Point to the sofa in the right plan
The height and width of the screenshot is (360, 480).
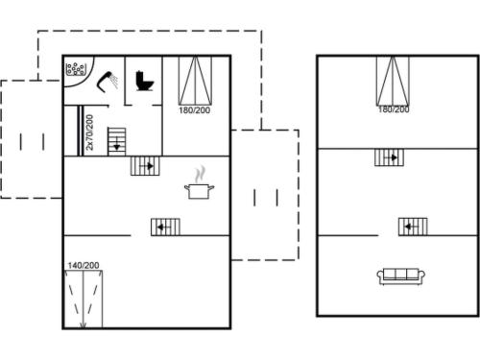pyautogui.click(x=401, y=276)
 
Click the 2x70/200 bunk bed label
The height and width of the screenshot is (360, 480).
pyautogui.click(x=89, y=132)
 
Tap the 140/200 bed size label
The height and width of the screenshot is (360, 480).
pyautogui.click(x=84, y=264)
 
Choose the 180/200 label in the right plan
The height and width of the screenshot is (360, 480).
pyautogui.click(x=393, y=110)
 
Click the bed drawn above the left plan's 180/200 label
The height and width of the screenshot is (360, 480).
pyautogui.click(x=194, y=80)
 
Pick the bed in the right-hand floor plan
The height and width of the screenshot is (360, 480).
pyautogui.click(x=393, y=80)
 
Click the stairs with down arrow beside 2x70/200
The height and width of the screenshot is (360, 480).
pyautogui.click(x=116, y=140)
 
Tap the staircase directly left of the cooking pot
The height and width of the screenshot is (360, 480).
pyautogui.click(x=145, y=166)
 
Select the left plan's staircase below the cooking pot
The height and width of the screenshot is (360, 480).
pyautogui.click(x=165, y=227)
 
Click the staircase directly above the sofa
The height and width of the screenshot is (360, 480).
pyautogui.click(x=413, y=227)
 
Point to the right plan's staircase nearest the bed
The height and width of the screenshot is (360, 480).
pyautogui.click(x=389, y=157)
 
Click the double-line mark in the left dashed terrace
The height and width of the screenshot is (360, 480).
pyautogui.click(x=32, y=141)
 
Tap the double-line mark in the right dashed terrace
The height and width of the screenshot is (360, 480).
pyautogui.click(x=266, y=197)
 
